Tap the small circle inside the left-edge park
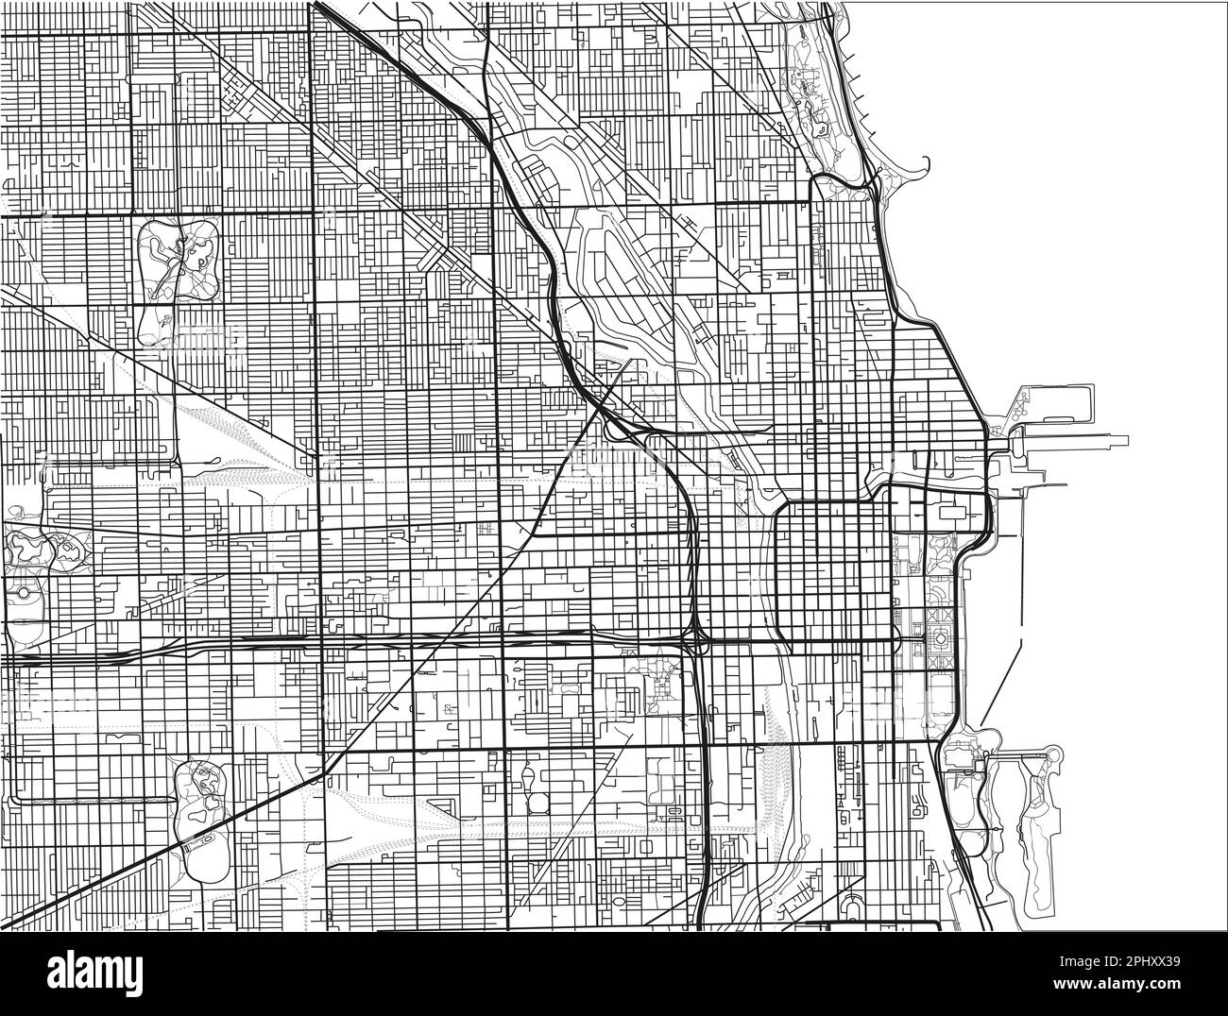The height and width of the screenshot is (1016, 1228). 22,593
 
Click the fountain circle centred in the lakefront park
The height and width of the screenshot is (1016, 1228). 941,640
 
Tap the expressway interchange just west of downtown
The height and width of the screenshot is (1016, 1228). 696,639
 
